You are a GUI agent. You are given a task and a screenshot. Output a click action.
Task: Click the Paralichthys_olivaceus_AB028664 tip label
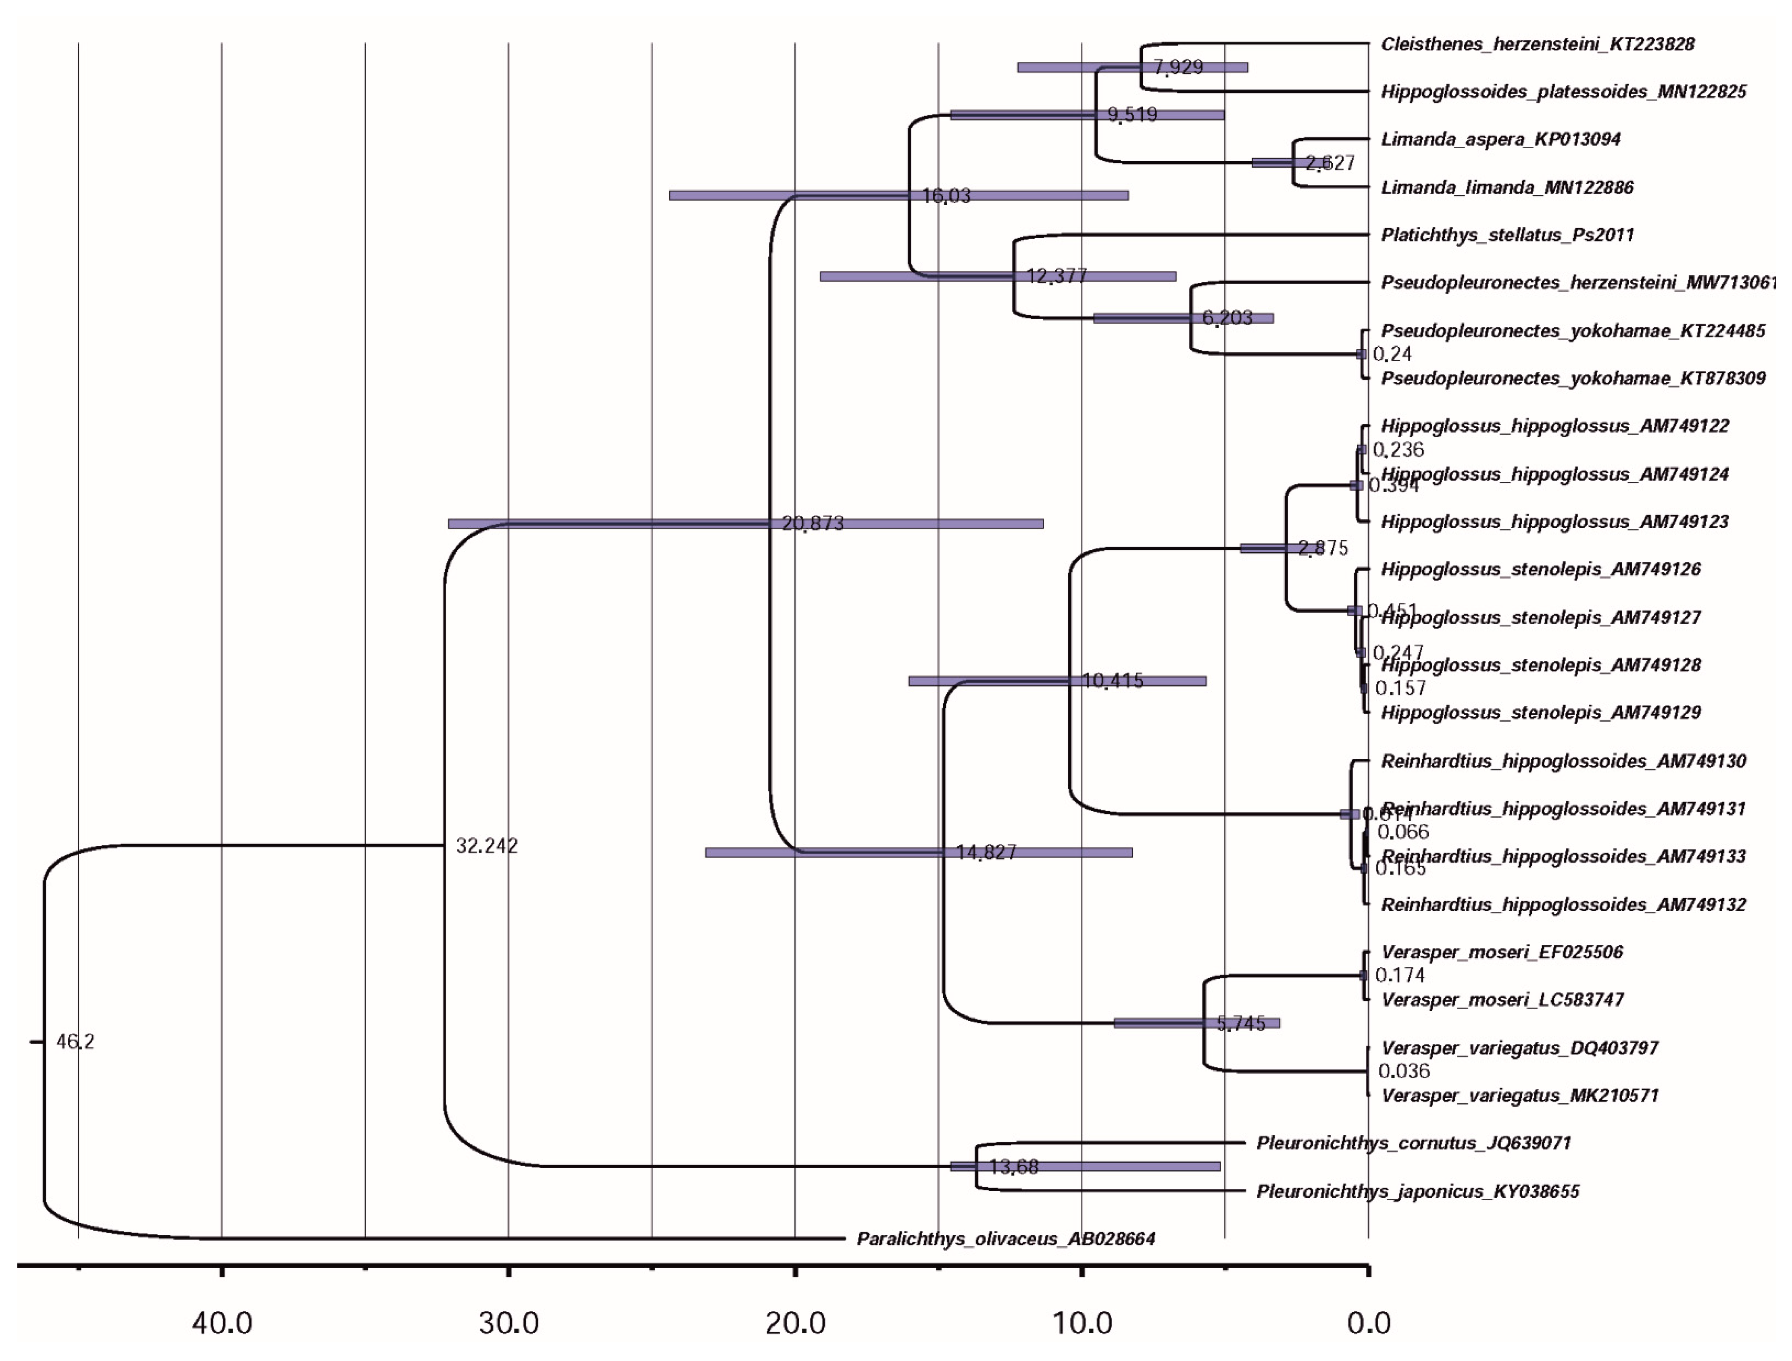(x=1005, y=1239)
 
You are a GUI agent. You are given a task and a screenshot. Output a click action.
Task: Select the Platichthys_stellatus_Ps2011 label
(x=1507, y=235)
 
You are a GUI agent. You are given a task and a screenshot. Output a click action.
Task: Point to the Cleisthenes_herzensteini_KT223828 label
(x=1537, y=44)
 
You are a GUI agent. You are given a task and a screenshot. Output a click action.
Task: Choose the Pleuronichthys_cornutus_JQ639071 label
(x=1414, y=1143)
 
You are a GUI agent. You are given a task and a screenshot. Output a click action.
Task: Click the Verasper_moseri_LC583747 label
(x=1502, y=1000)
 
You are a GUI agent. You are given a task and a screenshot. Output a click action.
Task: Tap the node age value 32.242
(x=487, y=846)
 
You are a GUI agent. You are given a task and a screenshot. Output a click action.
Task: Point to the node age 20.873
(x=813, y=523)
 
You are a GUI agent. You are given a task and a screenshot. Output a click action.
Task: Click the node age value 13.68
(x=1013, y=1167)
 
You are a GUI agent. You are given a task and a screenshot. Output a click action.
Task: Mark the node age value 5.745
(x=1240, y=1023)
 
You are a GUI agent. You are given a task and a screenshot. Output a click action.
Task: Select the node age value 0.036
(x=1404, y=1071)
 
